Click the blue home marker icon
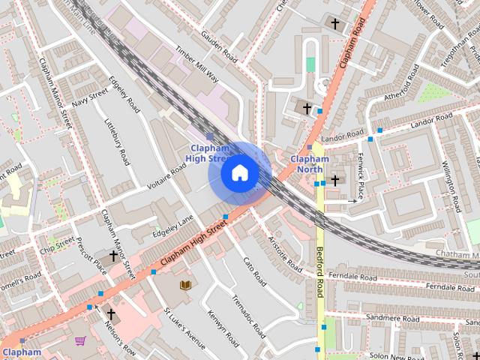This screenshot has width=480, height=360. [x=239, y=173]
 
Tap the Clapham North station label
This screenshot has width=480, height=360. [x=310, y=163]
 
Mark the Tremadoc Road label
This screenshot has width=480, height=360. [x=248, y=316]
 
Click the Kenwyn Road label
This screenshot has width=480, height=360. [x=223, y=330]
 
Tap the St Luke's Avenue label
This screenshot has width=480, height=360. [x=184, y=329]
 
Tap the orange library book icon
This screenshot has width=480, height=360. [x=184, y=284]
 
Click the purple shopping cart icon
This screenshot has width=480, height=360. [x=79, y=341]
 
